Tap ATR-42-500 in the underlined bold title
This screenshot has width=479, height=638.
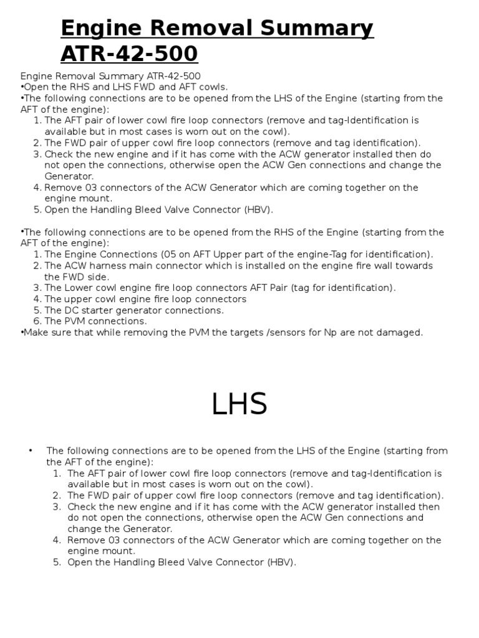click(x=129, y=54)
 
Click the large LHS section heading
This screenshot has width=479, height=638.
click(x=239, y=404)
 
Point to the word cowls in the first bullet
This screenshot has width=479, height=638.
click(x=214, y=87)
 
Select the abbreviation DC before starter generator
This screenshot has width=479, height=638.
click(x=71, y=310)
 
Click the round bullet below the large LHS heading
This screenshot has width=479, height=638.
click(x=31, y=450)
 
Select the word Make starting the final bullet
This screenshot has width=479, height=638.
click(x=34, y=332)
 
